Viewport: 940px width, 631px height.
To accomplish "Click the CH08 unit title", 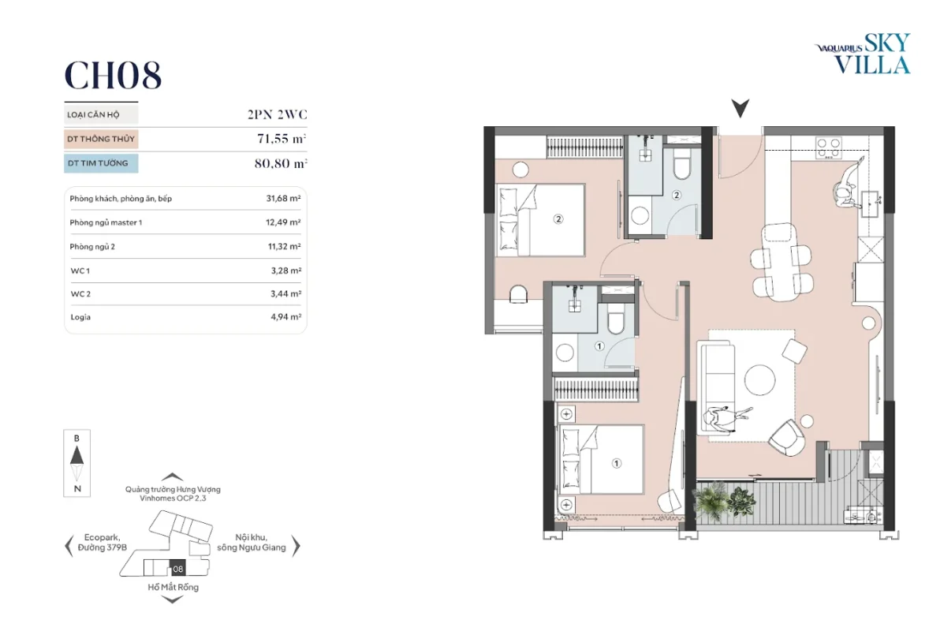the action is click(x=113, y=75).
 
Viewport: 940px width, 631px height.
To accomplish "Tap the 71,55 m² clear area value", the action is click(x=282, y=139).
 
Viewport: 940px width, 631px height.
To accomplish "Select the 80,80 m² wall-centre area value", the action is click(x=281, y=163).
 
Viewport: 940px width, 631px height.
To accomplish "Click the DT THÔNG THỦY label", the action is click(x=101, y=139).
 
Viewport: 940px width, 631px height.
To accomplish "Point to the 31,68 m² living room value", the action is click(x=284, y=199).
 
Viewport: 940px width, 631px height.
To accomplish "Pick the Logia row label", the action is click(x=80, y=317).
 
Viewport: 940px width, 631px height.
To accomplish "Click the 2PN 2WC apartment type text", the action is click(x=277, y=114).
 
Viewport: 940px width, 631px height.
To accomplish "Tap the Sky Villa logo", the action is click(x=863, y=54).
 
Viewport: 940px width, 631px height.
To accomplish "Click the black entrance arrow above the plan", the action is click(x=740, y=108).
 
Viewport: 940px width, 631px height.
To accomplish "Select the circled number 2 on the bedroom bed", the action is click(x=558, y=219).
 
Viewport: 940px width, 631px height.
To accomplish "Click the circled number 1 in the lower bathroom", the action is click(x=599, y=346).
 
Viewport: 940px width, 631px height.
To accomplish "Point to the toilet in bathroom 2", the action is click(x=682, y=163).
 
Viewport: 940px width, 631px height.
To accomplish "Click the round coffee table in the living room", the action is click(x=760, y=379).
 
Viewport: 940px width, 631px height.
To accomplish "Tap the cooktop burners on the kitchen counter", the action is click(x=828, y=147).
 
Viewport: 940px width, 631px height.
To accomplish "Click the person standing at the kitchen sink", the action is click(x=848, y=185).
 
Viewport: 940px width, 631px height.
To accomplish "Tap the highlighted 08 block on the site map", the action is click(x=178, y=569).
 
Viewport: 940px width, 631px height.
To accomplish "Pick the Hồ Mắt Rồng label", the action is click(x=173, y=587).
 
